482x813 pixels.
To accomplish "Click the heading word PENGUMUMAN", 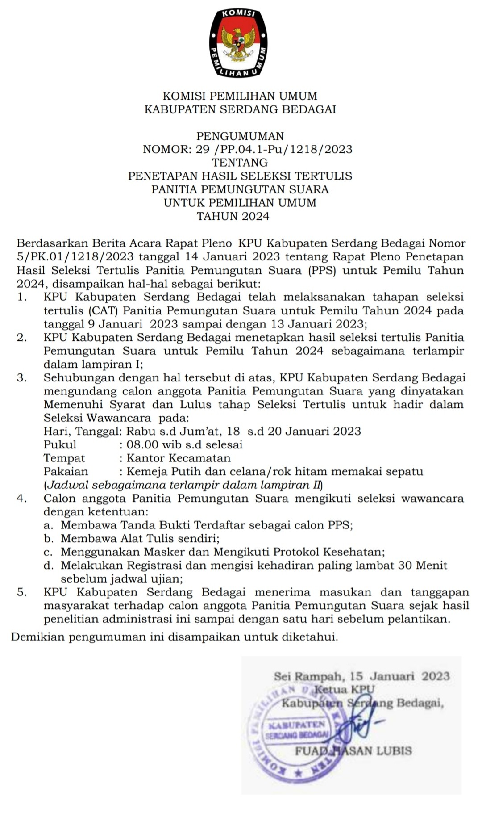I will [240, 136].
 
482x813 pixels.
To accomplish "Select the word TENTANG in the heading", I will [240, 163].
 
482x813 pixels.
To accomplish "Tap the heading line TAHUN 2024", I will [233, 216].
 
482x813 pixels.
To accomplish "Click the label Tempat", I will [64, 458].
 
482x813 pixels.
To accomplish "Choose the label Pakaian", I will [66, 471].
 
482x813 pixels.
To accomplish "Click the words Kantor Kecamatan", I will [179, 458].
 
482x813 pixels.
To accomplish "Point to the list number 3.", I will [21, 377].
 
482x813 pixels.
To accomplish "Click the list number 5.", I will [21, 592].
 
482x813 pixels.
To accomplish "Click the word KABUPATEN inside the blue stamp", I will [297, 723].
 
